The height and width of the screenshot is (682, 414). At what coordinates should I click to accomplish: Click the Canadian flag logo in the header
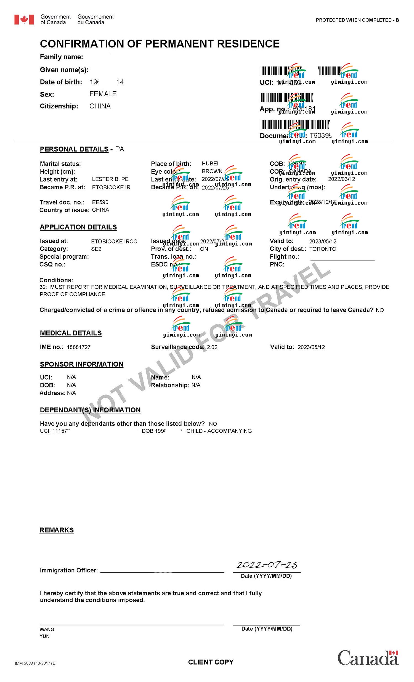point(24,20)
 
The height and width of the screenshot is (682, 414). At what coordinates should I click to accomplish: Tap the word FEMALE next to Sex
point(103,94)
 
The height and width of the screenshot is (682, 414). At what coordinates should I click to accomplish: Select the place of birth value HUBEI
point(210,164)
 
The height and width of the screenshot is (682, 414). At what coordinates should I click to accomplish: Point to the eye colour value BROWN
point(212,171)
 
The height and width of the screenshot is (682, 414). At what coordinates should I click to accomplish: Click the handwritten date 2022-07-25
point(267,565)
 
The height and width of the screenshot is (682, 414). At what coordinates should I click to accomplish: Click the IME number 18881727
point(79,347)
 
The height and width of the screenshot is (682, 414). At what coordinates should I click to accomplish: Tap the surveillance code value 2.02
point(212,347)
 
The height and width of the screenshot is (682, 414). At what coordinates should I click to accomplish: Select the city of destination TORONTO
point(323,249)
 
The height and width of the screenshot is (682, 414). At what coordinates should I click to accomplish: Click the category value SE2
point(96,249)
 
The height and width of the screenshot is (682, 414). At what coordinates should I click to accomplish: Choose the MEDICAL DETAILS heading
point(71,333)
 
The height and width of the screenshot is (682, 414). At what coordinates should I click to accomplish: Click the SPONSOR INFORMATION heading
point(82,364)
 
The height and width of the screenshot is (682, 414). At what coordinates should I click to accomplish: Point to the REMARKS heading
point(57,530)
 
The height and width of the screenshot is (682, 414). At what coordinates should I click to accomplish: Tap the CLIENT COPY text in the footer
point(211,662)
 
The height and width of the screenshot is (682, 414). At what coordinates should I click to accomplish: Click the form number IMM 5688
point(35,663)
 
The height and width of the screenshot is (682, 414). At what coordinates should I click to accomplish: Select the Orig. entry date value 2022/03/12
point(341,179)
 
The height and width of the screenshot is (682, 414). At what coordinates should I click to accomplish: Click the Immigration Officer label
point(69,570)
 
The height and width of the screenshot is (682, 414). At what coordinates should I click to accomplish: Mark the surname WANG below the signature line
point(47,629)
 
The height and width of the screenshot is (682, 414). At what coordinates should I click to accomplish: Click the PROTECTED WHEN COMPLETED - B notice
point(357,20)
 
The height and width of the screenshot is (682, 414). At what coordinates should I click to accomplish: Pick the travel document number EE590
point(100,202)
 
